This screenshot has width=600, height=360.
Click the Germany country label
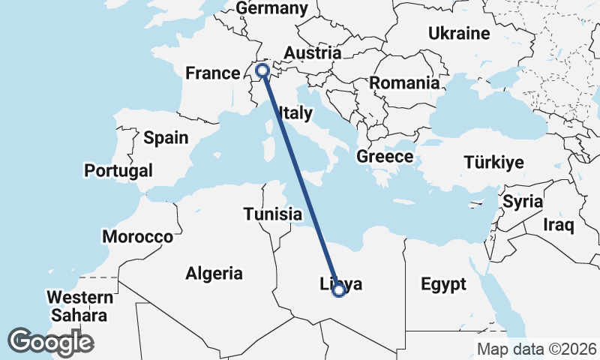[x=271, y=8]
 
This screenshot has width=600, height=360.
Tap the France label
[x=212, y=73]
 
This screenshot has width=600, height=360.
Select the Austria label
[x=312, y=53]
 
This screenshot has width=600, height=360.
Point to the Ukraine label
[x=458, y=33]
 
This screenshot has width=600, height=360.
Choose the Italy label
[x=295, y=113]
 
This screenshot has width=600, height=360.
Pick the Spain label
[x=166, y=137]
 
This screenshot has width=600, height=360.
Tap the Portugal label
[x=118, y=170]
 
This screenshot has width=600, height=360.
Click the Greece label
[x=385, y=157]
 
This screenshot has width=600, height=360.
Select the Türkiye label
[x=493, y=163]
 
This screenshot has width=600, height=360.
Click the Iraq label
[x=559, y=224]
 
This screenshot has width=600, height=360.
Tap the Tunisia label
[x=272, y=214]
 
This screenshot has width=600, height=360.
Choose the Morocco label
[x=138, y=237]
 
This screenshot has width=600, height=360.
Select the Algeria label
[x=214, y=273]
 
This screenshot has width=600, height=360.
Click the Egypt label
[x=443, y=284]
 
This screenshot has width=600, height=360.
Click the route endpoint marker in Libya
[x=338, y=289]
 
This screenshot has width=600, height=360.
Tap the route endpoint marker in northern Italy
[x=262, y=70]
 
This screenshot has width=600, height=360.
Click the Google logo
[x=50, y=342]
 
